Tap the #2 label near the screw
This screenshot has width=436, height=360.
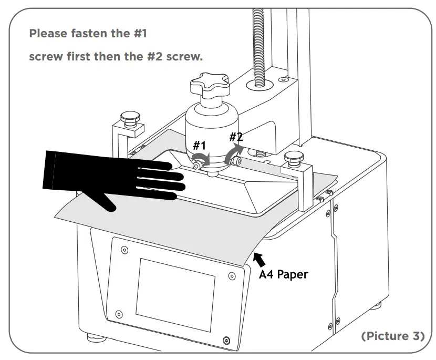(236, 137)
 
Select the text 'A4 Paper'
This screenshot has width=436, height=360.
(284, 274)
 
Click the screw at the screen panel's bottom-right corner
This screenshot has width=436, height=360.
(226, 340)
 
